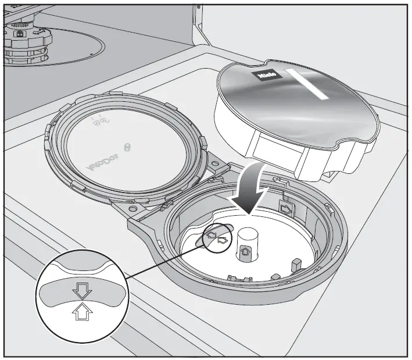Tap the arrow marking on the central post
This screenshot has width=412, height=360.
click(x=246, y=252)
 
